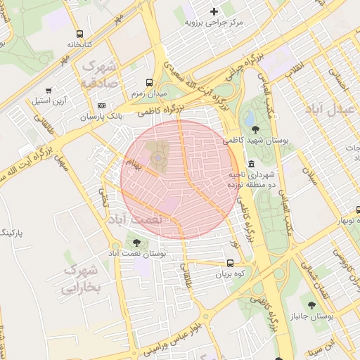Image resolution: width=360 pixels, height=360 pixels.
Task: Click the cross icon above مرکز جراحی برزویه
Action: (214, 11)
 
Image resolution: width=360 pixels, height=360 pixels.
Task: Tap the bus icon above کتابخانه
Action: (79, 33)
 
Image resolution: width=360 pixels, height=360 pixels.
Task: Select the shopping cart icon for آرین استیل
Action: (48, 90)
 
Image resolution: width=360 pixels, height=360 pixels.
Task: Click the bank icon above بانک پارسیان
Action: (101, 105)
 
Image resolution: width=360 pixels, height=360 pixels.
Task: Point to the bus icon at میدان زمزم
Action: (148, 82)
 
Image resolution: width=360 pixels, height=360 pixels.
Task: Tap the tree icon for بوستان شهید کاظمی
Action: (255, 129)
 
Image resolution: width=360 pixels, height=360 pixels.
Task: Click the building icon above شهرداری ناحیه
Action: (251, 163)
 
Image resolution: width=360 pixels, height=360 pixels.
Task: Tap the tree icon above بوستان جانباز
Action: (311, 304)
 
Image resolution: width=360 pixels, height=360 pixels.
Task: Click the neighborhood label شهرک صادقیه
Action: (101, 74)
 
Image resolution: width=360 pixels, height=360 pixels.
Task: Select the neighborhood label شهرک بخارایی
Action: (82, 279)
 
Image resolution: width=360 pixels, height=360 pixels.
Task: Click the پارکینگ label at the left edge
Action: (12, 232)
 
